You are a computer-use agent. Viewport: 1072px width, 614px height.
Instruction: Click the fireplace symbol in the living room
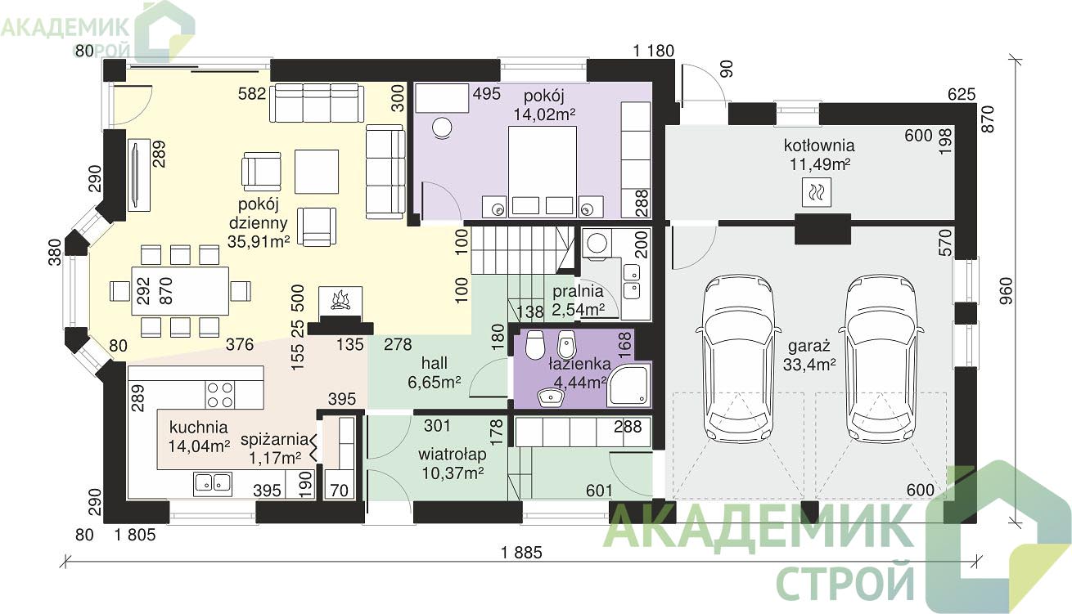click(340, 301)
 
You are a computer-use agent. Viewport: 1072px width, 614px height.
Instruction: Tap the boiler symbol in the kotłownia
click(817, 192)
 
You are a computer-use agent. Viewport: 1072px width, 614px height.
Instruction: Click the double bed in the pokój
click(543, 171)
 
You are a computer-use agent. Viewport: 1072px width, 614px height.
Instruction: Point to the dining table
click(180, 291)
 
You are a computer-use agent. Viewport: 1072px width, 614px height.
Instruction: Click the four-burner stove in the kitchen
click(220, 395)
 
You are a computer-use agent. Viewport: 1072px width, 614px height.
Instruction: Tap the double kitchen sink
click(213, 483)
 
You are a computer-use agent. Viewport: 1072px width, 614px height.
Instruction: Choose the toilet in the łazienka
click(535, 345)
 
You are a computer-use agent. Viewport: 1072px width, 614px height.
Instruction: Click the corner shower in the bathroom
click(628, 385)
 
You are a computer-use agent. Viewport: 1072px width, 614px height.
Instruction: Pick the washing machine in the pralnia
click(597, 244)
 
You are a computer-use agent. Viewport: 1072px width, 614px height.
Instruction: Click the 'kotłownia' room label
click(819, 145)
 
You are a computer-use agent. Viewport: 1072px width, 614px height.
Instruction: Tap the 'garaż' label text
click(809, 345)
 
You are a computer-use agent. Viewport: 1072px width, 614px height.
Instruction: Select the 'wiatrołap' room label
click(453, 454)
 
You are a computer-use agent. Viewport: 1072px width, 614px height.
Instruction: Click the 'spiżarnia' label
click(274, 439)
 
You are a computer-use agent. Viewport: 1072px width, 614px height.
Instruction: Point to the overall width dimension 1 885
click(521, 553)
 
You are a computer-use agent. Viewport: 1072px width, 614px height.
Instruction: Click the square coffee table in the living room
click(317, 171)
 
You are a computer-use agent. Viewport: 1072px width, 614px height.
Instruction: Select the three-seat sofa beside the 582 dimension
click(317, 103)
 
